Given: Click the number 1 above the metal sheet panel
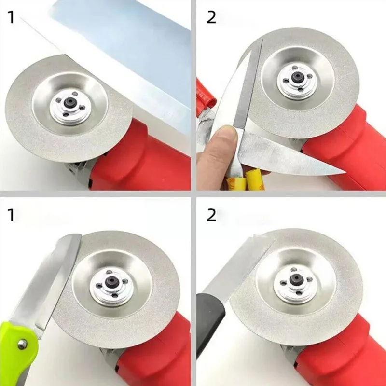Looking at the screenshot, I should pos(12,18).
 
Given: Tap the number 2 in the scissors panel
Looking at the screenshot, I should pos(212,18).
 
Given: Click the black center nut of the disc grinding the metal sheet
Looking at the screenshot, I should pos(69,103).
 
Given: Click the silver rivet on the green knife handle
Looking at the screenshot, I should pos(22,344).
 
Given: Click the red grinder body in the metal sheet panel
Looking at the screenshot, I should pos(145,154).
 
